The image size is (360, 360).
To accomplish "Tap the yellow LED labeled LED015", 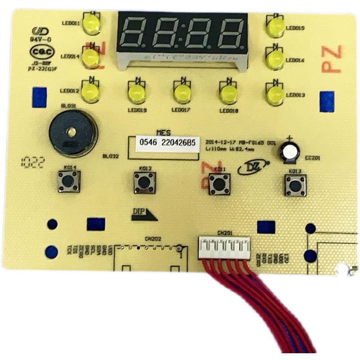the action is click(274, 28).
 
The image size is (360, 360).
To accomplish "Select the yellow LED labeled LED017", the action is click(182, 93).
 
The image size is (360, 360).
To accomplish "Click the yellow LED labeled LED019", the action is click(136, 93).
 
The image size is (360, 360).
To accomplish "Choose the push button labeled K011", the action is click(219, 183).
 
